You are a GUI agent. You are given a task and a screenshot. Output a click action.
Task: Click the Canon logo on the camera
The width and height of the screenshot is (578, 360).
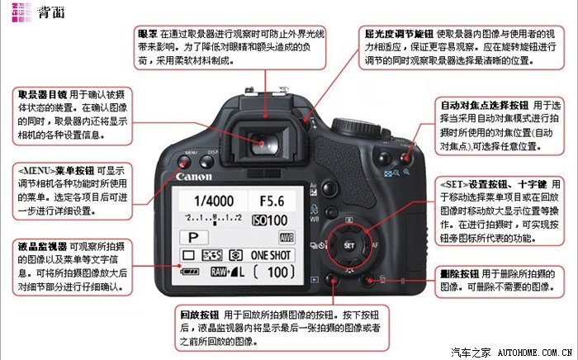coord(195,176)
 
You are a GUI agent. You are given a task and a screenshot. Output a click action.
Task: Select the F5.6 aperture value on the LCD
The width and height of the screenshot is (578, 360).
coord(272,201)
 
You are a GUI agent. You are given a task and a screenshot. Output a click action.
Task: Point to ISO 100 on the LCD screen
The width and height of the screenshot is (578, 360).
coord(271,220)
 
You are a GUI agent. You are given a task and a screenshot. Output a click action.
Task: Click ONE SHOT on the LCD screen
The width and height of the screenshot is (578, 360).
coord(271,255)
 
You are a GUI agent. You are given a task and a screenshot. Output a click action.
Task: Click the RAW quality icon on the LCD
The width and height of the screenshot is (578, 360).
coord(219,272)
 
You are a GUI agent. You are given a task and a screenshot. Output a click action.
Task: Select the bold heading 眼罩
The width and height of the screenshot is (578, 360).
coord(148,34)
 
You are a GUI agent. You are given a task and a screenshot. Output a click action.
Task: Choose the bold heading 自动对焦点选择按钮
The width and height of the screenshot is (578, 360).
coord(485,105)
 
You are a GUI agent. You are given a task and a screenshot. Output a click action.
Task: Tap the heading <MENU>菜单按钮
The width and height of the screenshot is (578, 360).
coord(50,168)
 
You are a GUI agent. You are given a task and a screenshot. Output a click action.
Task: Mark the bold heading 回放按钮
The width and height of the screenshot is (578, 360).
coord(198,315)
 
